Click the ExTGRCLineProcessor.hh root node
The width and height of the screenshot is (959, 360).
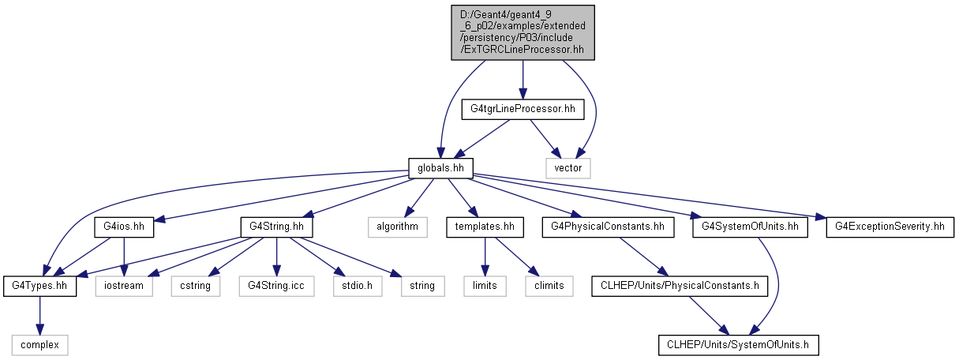tap(523, 32)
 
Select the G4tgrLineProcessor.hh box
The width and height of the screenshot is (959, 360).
tap(523, 109)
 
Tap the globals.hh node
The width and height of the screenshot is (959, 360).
tap(440, 167)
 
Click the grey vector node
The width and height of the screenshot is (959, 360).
tap(568, 167)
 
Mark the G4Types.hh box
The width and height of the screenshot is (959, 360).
tap(39, 285)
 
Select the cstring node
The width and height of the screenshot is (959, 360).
tap(196, 285)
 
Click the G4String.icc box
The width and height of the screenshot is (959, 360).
tap(275, 285)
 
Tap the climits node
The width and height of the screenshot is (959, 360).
tap(549, 285)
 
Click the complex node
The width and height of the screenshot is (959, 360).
tap(39, 344)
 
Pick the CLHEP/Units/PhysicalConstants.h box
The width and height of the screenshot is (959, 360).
tap(680, 285)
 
